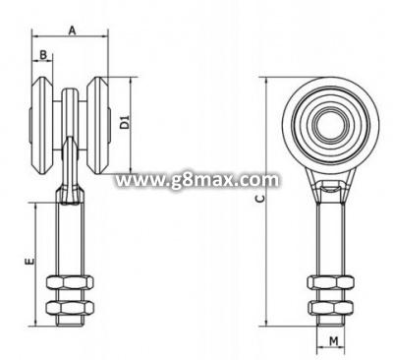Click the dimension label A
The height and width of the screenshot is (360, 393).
(72, 30)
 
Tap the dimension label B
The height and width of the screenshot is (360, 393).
(43, 55)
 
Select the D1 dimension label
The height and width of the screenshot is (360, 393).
(124, 122)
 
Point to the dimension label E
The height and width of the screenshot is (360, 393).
(30, 261)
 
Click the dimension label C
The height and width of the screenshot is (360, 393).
(259, 199)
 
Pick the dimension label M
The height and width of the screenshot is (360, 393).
(333, 341)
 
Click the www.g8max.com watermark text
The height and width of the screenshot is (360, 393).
(197, 180)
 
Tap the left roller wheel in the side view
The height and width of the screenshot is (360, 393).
(41, 127)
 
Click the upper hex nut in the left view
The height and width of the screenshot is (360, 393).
(70, 282)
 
